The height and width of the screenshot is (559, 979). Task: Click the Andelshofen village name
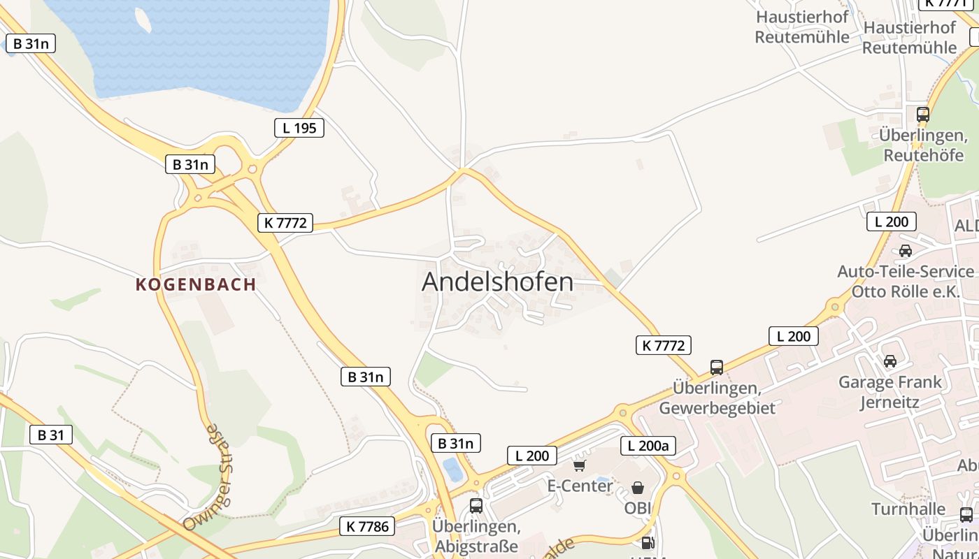497,282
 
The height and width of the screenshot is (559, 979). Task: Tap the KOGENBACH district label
196,284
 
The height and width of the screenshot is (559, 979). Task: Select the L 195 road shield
299,128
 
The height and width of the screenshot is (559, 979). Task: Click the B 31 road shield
51,435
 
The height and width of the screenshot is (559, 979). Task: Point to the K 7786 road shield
367,526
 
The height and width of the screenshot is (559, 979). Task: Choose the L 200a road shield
648,446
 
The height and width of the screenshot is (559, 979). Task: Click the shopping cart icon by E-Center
579,465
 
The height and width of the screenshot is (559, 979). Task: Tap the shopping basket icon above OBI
638,487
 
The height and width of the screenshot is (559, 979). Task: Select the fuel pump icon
648,542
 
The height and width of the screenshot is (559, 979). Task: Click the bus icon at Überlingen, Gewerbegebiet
717,367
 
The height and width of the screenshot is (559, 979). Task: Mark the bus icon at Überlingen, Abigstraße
476,506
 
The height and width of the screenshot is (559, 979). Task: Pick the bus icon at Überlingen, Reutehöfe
923,114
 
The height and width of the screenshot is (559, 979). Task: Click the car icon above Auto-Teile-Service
906,250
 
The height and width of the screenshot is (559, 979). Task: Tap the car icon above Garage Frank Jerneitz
890,361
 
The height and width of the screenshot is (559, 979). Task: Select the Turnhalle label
908,509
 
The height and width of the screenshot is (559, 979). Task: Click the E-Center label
580,486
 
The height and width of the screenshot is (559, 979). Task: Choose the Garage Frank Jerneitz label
890,392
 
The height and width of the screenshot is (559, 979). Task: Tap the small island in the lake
142,20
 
